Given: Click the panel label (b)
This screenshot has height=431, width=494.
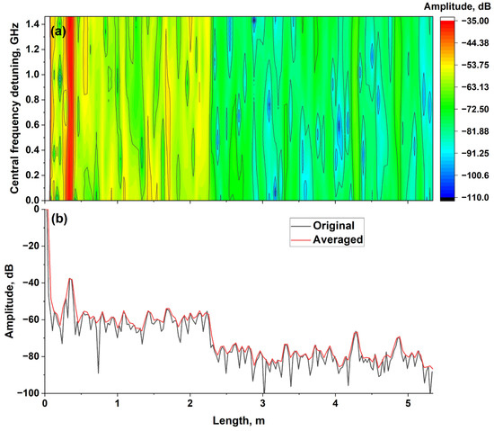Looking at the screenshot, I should coord(60,219).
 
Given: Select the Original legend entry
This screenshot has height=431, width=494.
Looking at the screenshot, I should coord(331,225).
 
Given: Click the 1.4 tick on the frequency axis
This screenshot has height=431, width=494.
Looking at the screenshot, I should coord(32,27).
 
